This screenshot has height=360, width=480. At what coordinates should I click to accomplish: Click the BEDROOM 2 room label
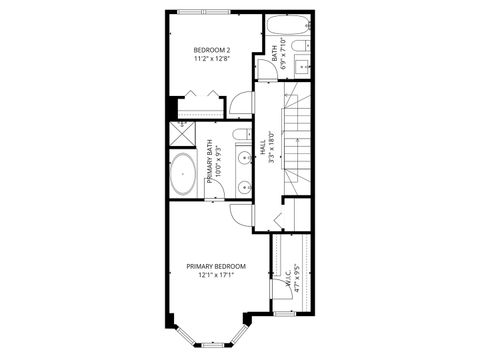coord(211,51)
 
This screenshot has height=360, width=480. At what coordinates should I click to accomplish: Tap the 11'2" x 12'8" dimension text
coord(211,60)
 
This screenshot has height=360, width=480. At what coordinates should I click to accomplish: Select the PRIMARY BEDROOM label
coord(216,266)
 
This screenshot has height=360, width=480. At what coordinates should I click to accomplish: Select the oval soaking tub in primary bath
coord(183,174)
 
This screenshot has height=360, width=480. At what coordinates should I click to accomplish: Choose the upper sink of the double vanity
coord(243,157)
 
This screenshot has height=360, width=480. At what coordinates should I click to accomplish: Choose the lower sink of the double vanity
coord(243,185)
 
